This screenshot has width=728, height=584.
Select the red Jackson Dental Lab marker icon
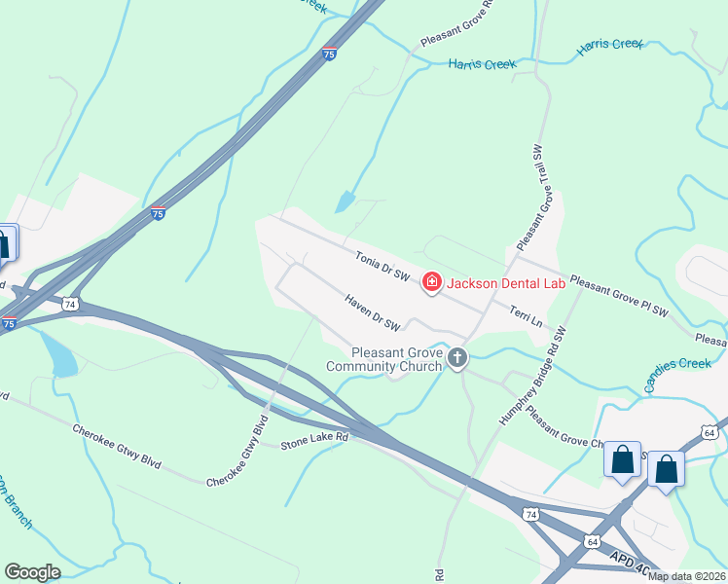tap(431, 282)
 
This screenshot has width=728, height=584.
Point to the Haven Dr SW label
tap(373, 311)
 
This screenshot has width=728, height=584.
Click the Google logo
tap(32, 571)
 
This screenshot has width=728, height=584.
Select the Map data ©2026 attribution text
tap(687, 576)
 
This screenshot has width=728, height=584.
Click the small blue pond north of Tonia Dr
tap(346, 201)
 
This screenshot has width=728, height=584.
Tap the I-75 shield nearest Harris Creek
tap(330, 55)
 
